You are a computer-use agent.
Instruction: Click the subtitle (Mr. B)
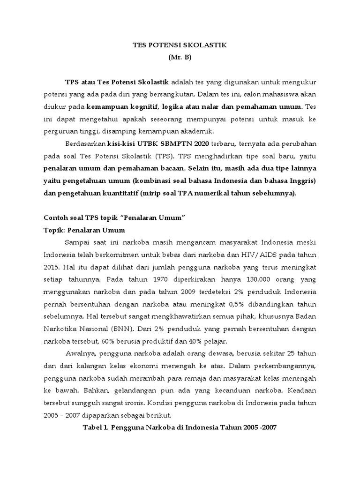(x=180, y=58)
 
